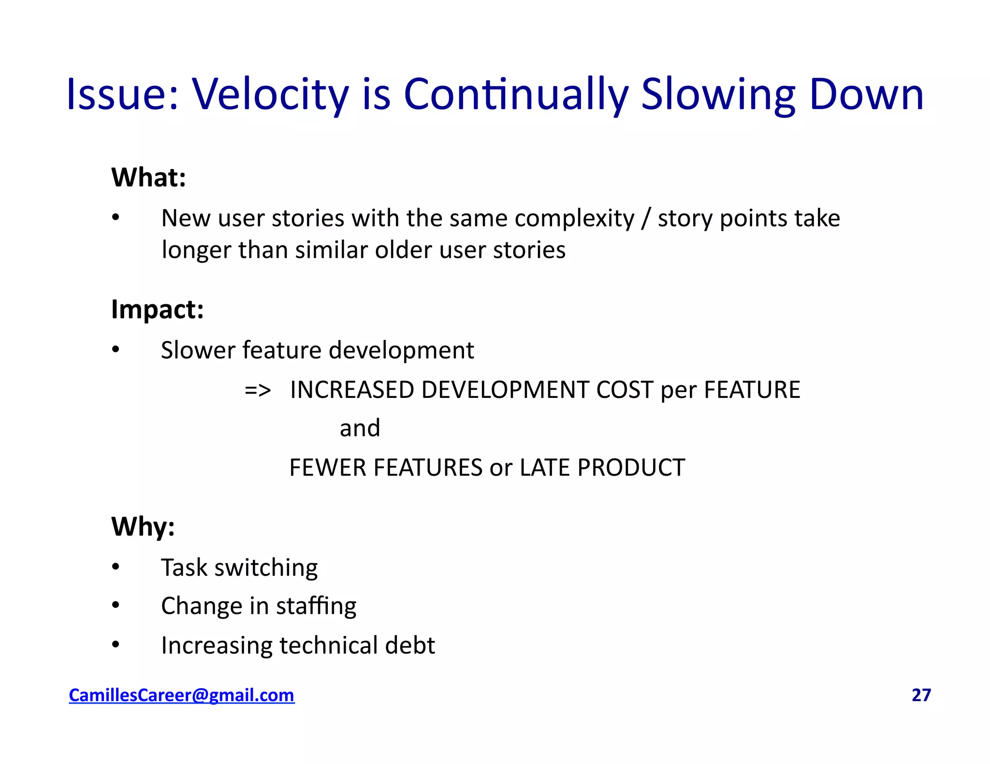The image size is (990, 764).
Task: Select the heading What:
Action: (148, 177)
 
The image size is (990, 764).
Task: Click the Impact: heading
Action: (157, 309)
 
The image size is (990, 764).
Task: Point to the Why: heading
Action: (143, 526)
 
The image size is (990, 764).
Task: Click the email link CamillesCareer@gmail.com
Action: (181, 695)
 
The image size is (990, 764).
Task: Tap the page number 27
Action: (921, 695)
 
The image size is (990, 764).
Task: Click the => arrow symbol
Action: (258, 390)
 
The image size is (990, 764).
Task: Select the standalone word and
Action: (360, 428)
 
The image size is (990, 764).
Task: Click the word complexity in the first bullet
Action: (574, 219)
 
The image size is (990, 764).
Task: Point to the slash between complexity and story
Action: (645, 219)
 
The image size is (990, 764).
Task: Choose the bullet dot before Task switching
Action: (115, 566)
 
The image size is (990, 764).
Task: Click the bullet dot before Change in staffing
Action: (115, 605)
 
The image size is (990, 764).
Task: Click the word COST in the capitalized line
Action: (625, 390)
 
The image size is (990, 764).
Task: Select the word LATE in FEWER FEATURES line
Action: (545, 467)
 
